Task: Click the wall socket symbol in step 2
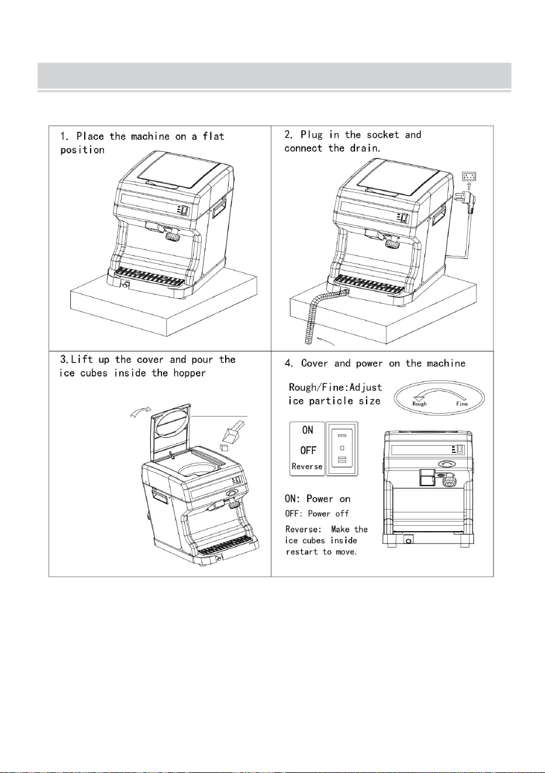[469, 176]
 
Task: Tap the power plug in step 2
[466, 200]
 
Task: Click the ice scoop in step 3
[232, 431]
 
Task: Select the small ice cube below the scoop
[225, 448]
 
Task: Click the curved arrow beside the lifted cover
[140, 411]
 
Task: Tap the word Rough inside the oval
[419, 404]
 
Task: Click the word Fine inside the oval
[462, 403]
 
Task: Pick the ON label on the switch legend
[308, 430]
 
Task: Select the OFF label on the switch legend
[308, 450]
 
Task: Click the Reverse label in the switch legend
[306, 466]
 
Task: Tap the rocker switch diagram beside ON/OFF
[342, 449]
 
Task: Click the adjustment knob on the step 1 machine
[173, 236]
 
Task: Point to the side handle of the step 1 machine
[219, 208]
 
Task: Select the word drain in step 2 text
[365, 148]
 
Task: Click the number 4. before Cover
[289, 363]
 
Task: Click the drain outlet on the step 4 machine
[409, 540]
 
